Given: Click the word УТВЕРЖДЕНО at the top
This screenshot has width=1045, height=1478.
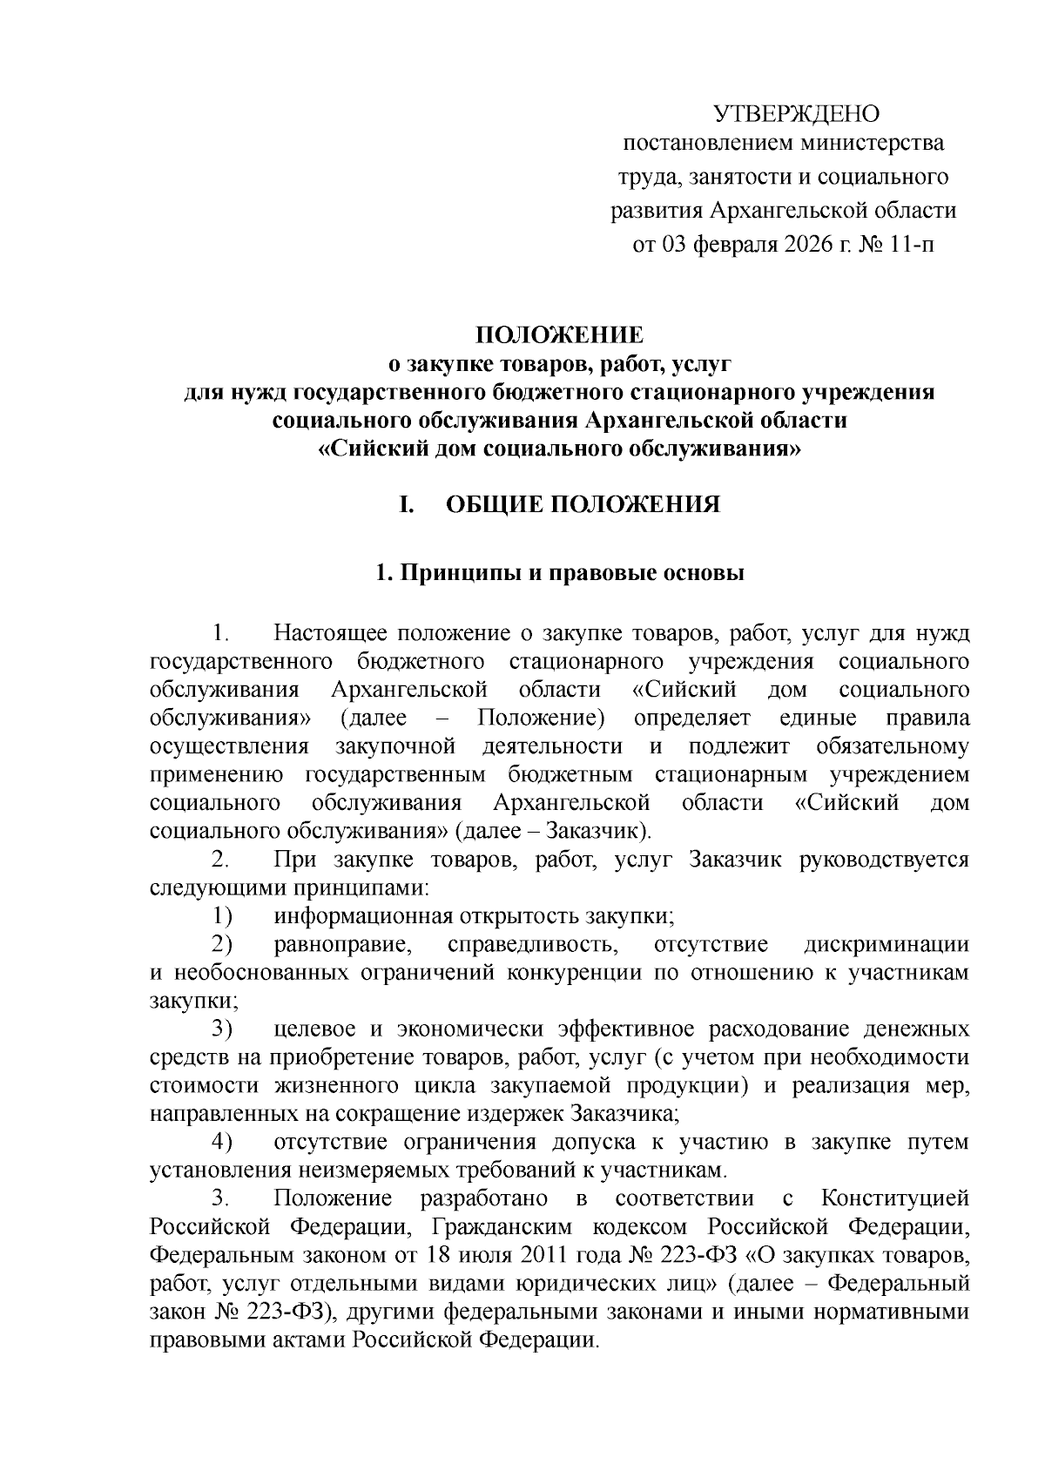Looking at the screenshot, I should (x=797, y=114).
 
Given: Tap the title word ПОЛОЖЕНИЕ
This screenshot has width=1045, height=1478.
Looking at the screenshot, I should (x=559, y=335).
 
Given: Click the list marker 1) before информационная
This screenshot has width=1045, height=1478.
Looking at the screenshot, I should (x=221, y=915).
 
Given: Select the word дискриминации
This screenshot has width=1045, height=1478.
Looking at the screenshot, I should (x=887, y=944).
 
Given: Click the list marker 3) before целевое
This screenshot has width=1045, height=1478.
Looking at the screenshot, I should (x=221, y=1029).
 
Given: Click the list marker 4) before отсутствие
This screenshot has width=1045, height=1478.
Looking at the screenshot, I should (x=221, y=1142).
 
